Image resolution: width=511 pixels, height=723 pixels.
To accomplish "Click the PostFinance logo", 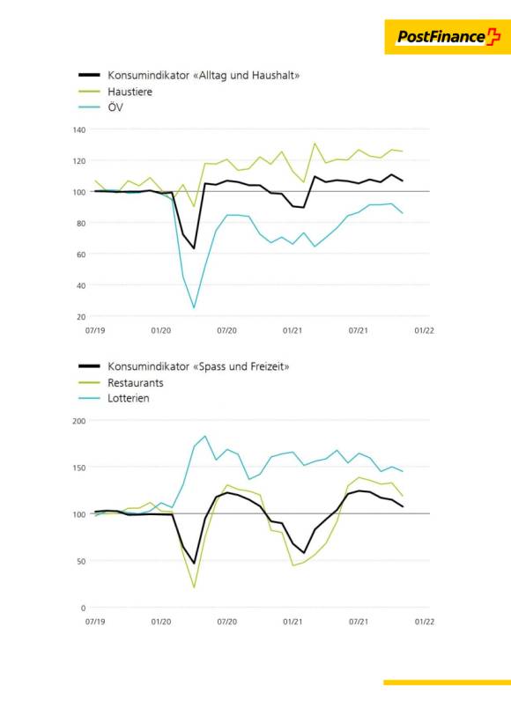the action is pos(448,37).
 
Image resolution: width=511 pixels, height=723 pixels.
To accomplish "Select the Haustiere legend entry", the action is pos(130,92).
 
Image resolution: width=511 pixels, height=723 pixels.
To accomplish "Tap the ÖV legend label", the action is pos(115,107).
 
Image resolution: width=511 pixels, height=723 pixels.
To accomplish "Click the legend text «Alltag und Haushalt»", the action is pos(246,75).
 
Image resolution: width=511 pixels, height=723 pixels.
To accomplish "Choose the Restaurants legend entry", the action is pos(135,383).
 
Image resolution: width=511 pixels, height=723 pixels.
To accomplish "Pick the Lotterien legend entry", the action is pos(129,398).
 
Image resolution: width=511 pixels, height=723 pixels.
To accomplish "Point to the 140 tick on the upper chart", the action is pos(79,130).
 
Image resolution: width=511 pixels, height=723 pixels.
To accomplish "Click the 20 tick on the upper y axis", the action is pos(81,317).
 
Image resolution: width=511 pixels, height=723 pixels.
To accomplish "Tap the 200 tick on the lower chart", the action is pos(79,421).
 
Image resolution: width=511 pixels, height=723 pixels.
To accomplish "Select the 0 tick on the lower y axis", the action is pos(83,609).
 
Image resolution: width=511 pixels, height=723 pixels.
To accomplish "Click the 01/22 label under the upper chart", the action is pos(425,330).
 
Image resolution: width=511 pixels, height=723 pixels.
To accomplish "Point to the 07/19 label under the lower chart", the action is pos(95,622).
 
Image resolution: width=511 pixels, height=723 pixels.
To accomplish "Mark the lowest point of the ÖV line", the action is pos(194,307).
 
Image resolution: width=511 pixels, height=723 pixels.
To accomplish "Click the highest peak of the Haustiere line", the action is pos(315,144).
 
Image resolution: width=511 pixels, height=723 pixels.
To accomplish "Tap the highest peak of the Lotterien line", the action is pos(204,436).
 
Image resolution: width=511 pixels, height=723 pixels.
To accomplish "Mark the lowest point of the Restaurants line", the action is pos(194,587).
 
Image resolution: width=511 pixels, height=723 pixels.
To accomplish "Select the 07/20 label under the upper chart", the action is pos(227,330).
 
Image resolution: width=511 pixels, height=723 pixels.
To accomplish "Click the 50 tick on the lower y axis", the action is pos(81,562).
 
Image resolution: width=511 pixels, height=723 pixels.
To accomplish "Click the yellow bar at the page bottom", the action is pos(447,682).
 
